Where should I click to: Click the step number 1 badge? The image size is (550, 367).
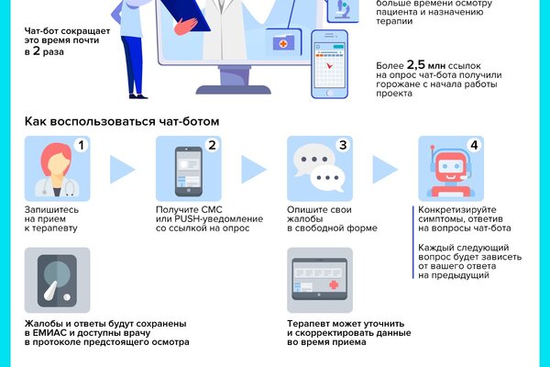(82, 146)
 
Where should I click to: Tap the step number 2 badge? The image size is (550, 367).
(213, 146)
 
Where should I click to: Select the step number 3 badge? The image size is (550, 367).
(344, 146)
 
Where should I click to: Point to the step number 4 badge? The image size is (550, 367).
(474, 146)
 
